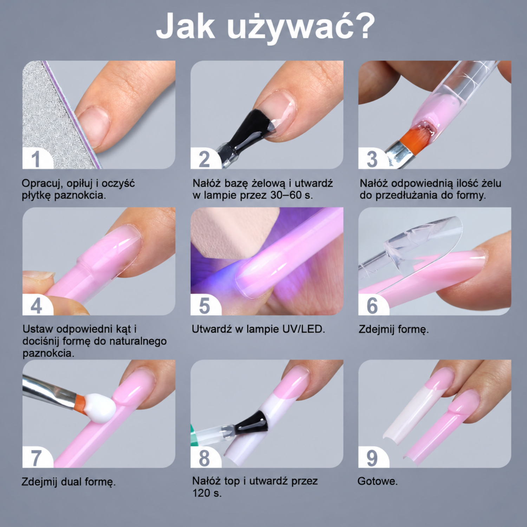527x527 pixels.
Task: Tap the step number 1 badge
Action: (x=36, y=159)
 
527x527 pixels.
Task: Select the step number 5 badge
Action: (x=204, y=305)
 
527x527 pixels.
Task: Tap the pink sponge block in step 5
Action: (x=232, y=232)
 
